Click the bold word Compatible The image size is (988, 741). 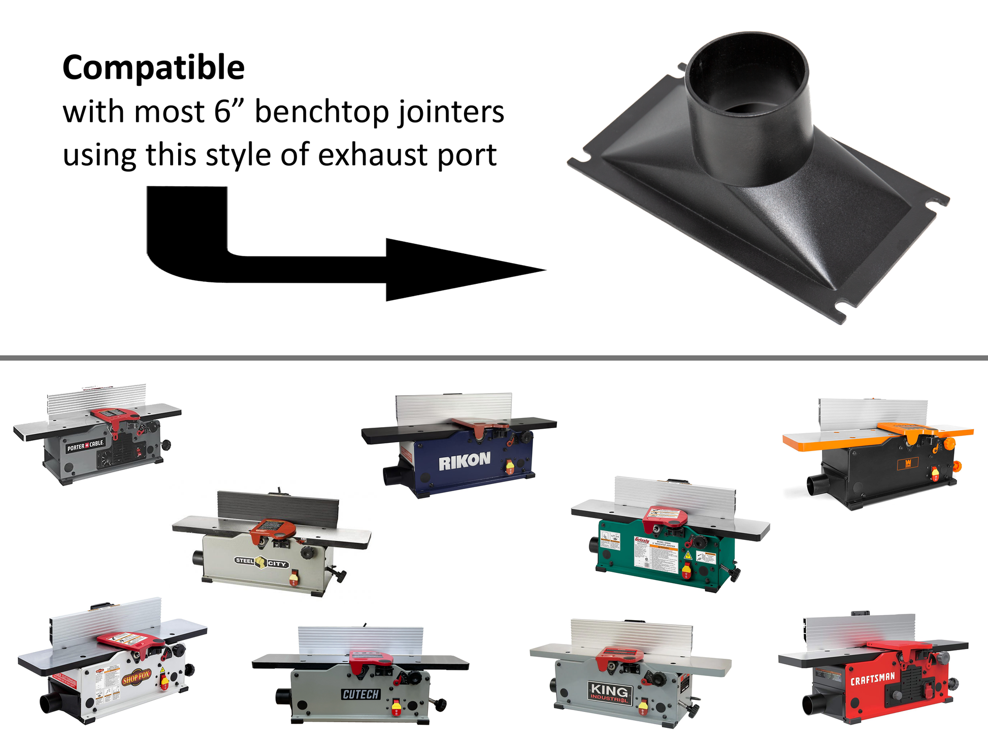point(153,68)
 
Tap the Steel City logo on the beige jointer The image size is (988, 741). point(261,562)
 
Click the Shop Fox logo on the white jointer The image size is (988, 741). point(136,678)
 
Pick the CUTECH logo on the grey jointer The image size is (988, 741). point(360,694)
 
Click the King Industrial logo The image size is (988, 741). point(609,692)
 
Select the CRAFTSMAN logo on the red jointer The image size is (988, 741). point(873,678)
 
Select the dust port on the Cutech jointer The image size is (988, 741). point(283,696)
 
